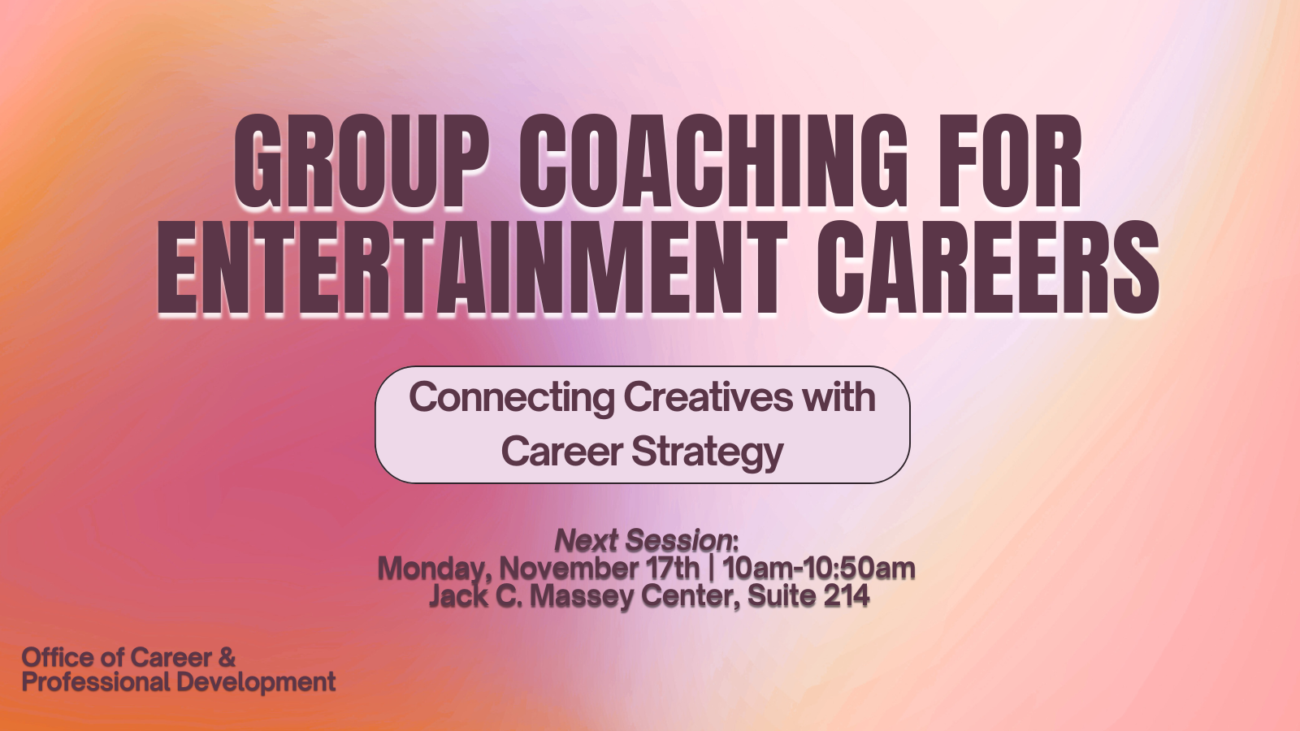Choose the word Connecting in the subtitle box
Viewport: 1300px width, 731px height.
coord(511,399)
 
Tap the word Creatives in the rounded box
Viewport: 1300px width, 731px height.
coord(708,397)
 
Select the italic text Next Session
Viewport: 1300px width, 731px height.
coord(643,541)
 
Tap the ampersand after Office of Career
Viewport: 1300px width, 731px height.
coord(227,658)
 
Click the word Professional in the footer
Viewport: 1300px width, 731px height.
coord(95,682)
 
